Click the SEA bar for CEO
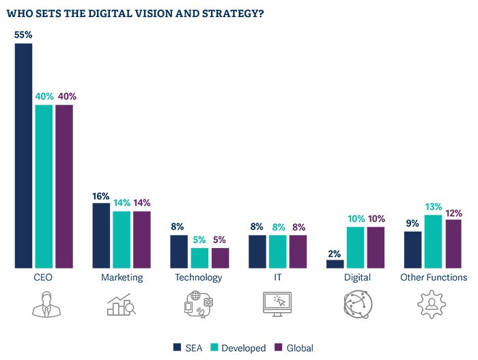(x=24, y=155)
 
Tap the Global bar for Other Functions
(x=453, y=243)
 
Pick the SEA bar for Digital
(x=335, y=264)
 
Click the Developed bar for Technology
(x=200, y=258)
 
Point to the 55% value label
(x=24, y=34)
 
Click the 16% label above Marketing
(x=101, y=196)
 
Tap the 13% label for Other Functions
(x=433, y=207)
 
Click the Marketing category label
(x=122, y=277)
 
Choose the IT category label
(x=277, y=277)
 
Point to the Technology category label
(x=199, y=277)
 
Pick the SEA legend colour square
(x=178, y=348)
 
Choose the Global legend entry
(x=294, y=348)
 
